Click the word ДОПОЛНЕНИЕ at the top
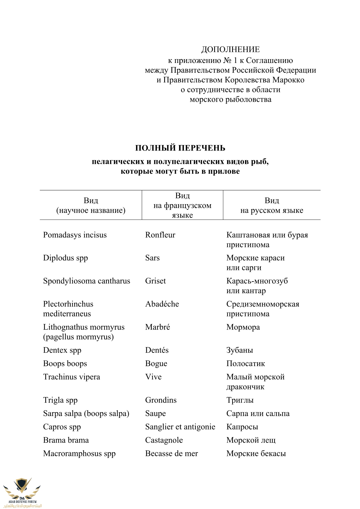point(230,50)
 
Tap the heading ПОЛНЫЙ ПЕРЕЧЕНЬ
point(180,148)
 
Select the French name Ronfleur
point(160,235)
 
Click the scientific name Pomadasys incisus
point(75,235)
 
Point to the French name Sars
point(152,258)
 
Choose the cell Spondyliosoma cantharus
point(86,281)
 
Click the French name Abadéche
point(162,304)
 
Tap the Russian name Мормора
point(243,327)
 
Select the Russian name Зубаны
point(240,350)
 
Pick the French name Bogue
point(156,364)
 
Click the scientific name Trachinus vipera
point(71,377)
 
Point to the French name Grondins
point(161,400)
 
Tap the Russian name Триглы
point(240,400)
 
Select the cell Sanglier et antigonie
point(180,427)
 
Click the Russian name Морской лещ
point(251,440)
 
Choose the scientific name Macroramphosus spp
point(79,454)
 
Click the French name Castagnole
point(164,440)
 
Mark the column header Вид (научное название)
point(91,205)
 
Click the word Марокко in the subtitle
point(288,80)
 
